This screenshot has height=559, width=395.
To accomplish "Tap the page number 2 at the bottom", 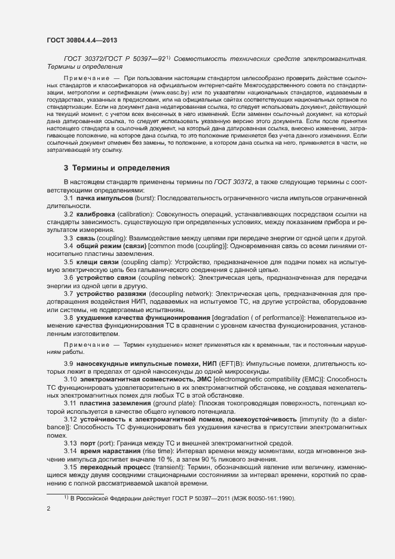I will (48, 509).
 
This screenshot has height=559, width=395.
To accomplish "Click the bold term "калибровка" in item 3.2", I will (96, 214).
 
